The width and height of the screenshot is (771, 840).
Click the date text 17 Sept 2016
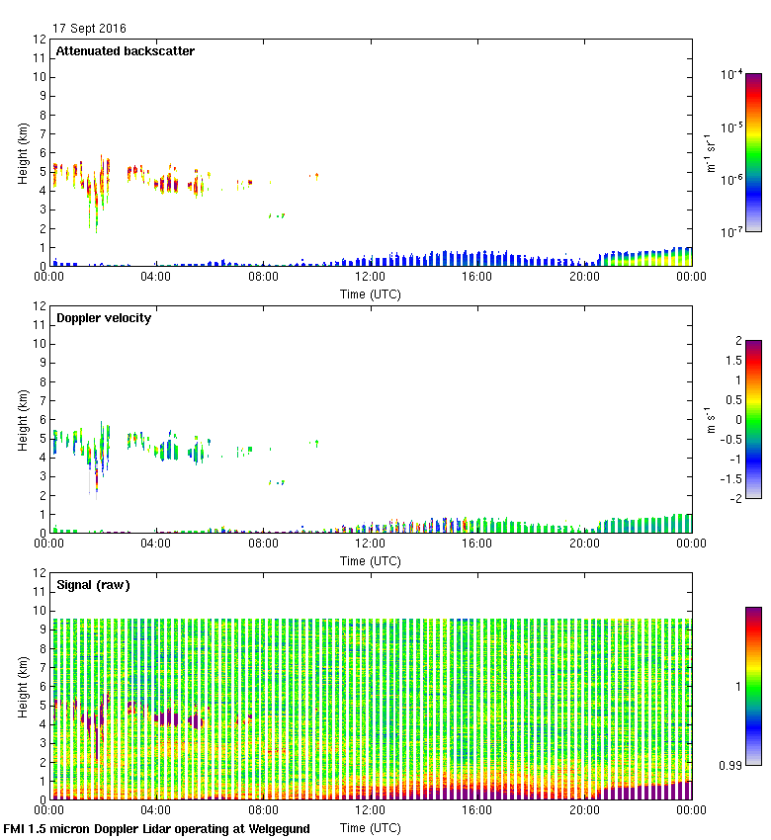(x=89, y=29)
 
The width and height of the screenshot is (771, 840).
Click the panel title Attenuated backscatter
(x=125, y=51)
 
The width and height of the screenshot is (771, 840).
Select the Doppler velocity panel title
(x=104, y=318)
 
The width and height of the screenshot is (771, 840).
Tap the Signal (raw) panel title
(x=93, y=585)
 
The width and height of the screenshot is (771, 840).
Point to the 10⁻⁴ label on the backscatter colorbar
(x=731, y=75)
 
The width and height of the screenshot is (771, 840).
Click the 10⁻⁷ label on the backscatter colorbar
(x=731, y=232)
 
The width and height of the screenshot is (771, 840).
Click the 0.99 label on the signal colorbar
(x=732, y=764)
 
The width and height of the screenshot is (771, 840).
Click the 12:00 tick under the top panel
(x=370, y=277)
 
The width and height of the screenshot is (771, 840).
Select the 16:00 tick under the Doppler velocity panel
(x=476, y=544)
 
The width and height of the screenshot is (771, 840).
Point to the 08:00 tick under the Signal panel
(x=263, y=810)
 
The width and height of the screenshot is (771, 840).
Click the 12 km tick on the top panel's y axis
(x=41, y=40)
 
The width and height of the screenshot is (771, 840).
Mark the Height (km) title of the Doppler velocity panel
(x=23, y=419)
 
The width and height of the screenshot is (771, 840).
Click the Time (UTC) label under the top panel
(x=371, y=294)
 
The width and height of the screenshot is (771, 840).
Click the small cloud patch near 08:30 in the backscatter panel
(x=277, y=215)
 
